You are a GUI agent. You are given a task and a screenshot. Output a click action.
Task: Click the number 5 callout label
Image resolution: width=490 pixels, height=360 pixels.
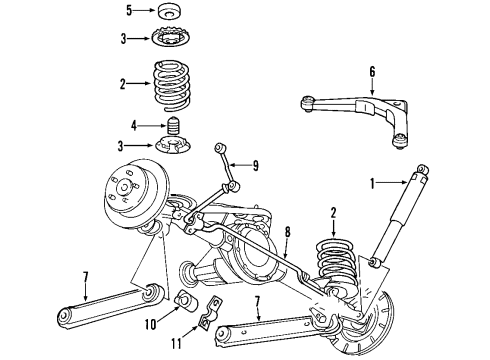click(x=129, y=12)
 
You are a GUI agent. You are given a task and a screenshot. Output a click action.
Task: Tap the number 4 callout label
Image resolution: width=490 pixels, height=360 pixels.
click(x=134, y=126)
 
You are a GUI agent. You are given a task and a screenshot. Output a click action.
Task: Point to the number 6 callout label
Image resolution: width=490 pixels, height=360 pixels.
click(x=373, y=71)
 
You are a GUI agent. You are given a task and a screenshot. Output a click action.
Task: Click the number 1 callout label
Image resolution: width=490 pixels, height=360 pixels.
click(x=375, y=182)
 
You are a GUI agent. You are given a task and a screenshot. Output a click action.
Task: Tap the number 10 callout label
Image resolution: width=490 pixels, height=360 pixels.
click(x=151, y=324)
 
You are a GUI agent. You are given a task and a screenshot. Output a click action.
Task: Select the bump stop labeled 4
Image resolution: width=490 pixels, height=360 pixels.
click(x=171, y=129)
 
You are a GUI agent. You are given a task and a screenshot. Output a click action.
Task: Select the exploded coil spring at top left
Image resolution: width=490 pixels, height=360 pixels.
click(x=172, y=83)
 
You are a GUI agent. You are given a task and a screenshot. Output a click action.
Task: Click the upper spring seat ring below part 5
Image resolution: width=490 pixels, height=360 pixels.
click(x=171, y=39)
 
